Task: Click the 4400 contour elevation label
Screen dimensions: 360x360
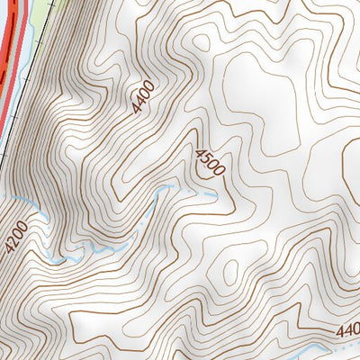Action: [142, 97]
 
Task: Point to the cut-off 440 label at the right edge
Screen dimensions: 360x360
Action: [347, 331]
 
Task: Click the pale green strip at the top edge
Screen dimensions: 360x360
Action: [36, 7]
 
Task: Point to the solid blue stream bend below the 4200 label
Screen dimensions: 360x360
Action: [54, 260]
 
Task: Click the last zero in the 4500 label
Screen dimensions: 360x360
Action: [217, 172]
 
